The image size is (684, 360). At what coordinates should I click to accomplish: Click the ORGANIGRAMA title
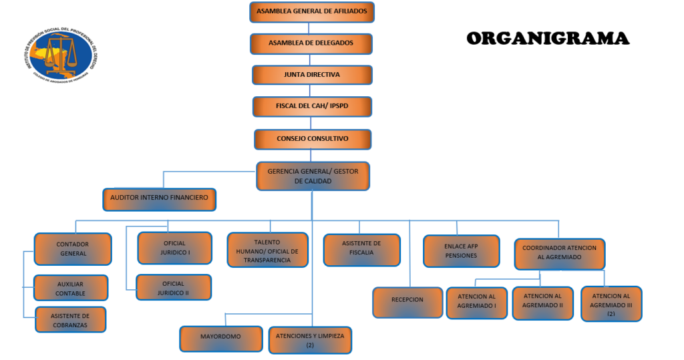pos(547,39)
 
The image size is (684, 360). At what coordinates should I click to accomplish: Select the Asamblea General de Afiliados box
pos(311,12)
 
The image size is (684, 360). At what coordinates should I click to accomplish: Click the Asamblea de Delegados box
pos(311,43)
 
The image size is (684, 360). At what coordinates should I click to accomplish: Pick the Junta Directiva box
pos(312,75)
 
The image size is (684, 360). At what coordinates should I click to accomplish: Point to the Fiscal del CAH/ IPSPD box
pos(312,107)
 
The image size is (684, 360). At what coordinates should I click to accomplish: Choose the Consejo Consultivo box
pos(313,139)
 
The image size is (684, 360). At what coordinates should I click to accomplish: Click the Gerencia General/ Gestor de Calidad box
pos(313,176)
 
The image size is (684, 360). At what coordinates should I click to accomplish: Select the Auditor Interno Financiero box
pos(159,198)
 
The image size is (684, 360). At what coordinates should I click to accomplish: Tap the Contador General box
pos(72,249)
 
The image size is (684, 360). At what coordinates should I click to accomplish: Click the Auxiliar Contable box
pos(70,289)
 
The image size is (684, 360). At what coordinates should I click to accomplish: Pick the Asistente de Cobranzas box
pos(70,320)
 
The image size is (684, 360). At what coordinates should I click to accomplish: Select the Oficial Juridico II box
pos(174,288)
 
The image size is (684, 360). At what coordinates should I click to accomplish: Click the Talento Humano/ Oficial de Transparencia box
pos(267,250)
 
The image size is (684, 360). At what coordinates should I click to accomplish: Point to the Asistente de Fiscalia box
pos(361,248)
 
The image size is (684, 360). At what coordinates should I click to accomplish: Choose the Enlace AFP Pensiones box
pos(461,251)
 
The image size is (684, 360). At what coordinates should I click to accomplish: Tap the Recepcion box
pos(407,301)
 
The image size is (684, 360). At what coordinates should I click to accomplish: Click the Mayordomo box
pos(220,337)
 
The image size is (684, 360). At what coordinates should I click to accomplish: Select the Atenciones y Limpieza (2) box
pos(310,340)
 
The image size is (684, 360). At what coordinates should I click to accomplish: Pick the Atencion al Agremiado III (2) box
pos(611,304)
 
